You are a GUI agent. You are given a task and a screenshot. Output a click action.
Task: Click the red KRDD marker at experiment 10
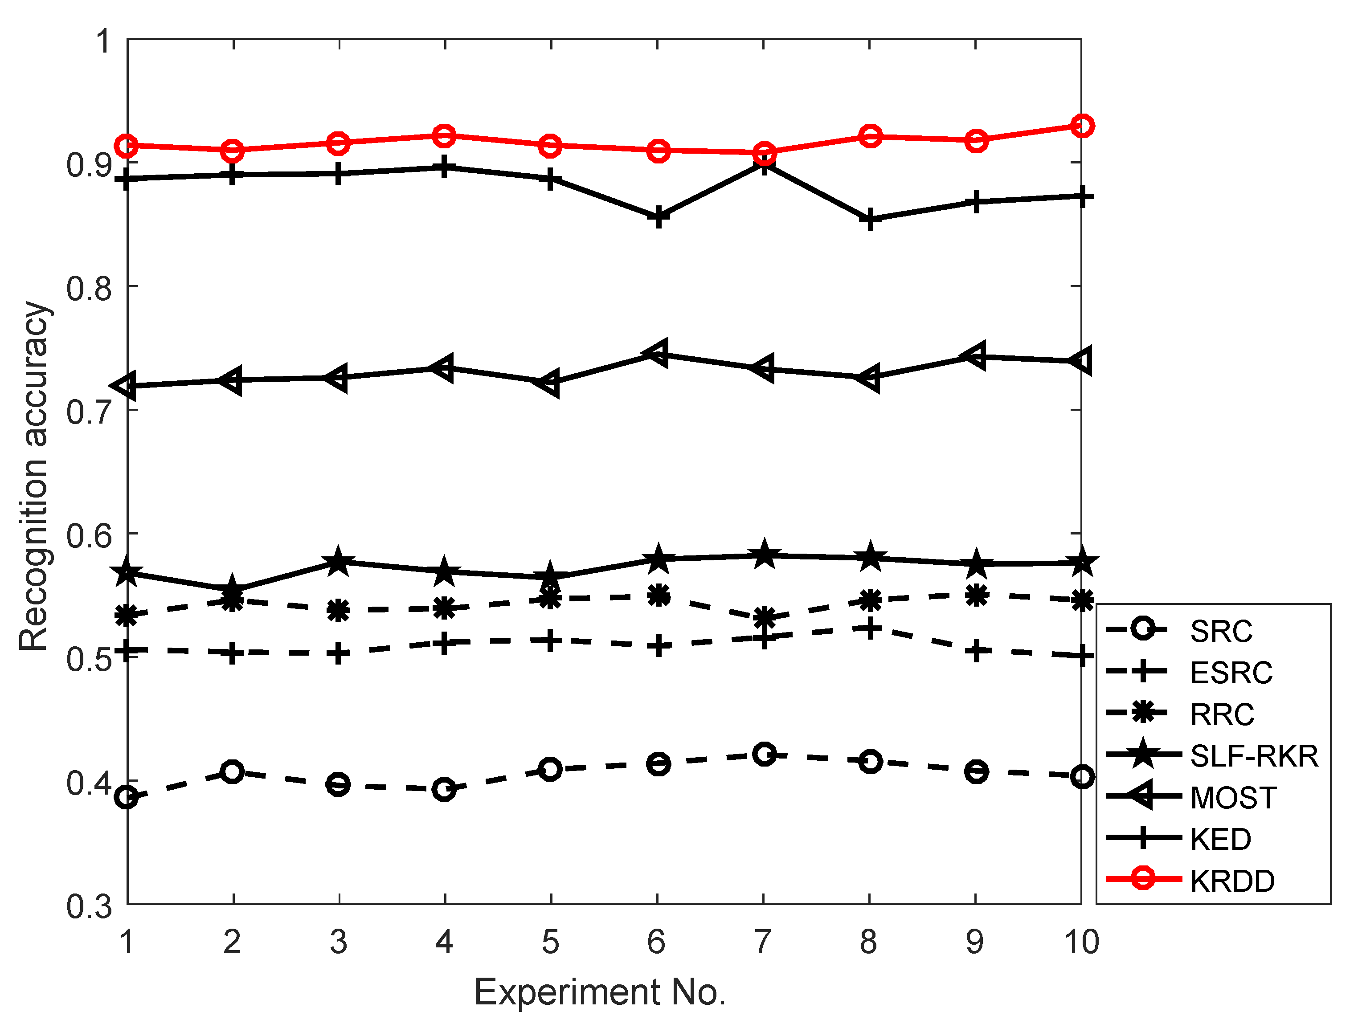click(x=1081, y=126)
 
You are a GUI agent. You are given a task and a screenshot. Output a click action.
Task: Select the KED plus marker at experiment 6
click(x=658, y=217)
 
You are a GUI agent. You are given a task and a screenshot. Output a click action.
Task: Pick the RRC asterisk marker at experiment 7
click(x=764, y=618)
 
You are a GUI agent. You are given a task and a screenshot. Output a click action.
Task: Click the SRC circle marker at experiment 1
click(x=127, y=797)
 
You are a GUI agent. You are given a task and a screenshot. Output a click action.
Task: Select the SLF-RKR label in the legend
click(x=1254, y=756)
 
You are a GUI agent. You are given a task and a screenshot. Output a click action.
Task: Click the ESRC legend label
click(x=1231, y=673)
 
